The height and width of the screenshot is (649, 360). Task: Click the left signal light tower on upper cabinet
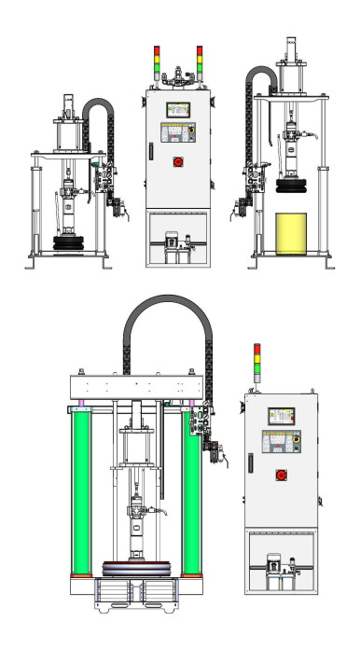(157, 59)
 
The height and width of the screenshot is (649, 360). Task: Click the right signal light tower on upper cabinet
(199, 59)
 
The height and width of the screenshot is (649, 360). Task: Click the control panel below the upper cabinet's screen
(177, 133)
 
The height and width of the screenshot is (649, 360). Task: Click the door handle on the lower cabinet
(250, 462)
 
